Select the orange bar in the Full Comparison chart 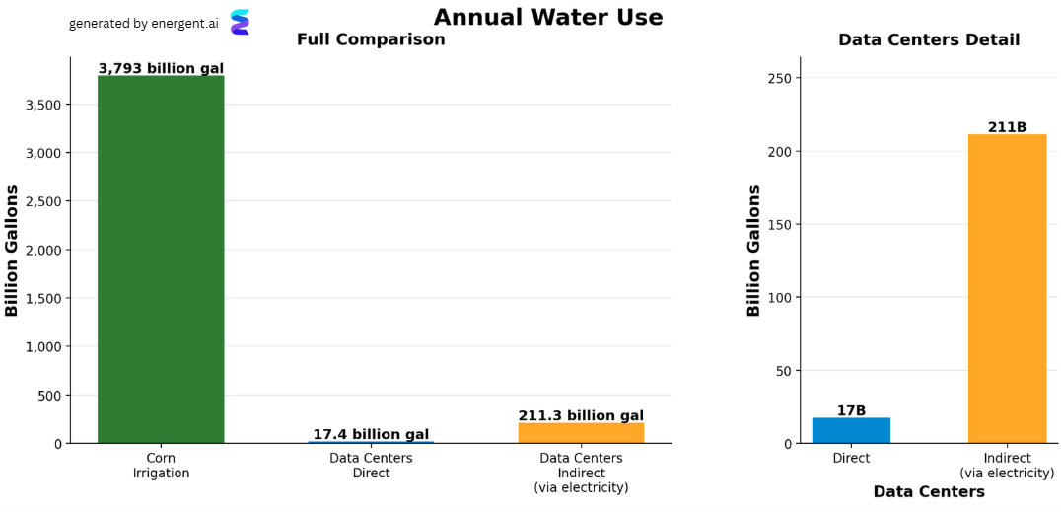tap(581, 433)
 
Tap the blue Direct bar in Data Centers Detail tap(851, 431)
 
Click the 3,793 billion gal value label tap(161, 68)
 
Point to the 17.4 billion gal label tap(371, 434)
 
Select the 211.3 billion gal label tap(581, 415)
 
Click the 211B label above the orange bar tap(1007, 127)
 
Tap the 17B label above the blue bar tap(851, 410)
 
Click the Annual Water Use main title tap(548, 17)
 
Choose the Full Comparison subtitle tap(371, 39)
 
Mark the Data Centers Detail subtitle tap(929, 39)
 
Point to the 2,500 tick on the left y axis tap(43, 201)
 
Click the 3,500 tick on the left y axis tap(43, 105)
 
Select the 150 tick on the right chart tap(782, 224)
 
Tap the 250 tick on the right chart tap(782, 78)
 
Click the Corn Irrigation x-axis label tap(161, 466)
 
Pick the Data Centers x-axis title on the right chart tap(929, 491)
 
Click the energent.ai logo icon tap(240, 23)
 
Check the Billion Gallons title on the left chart tap(12, 250)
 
